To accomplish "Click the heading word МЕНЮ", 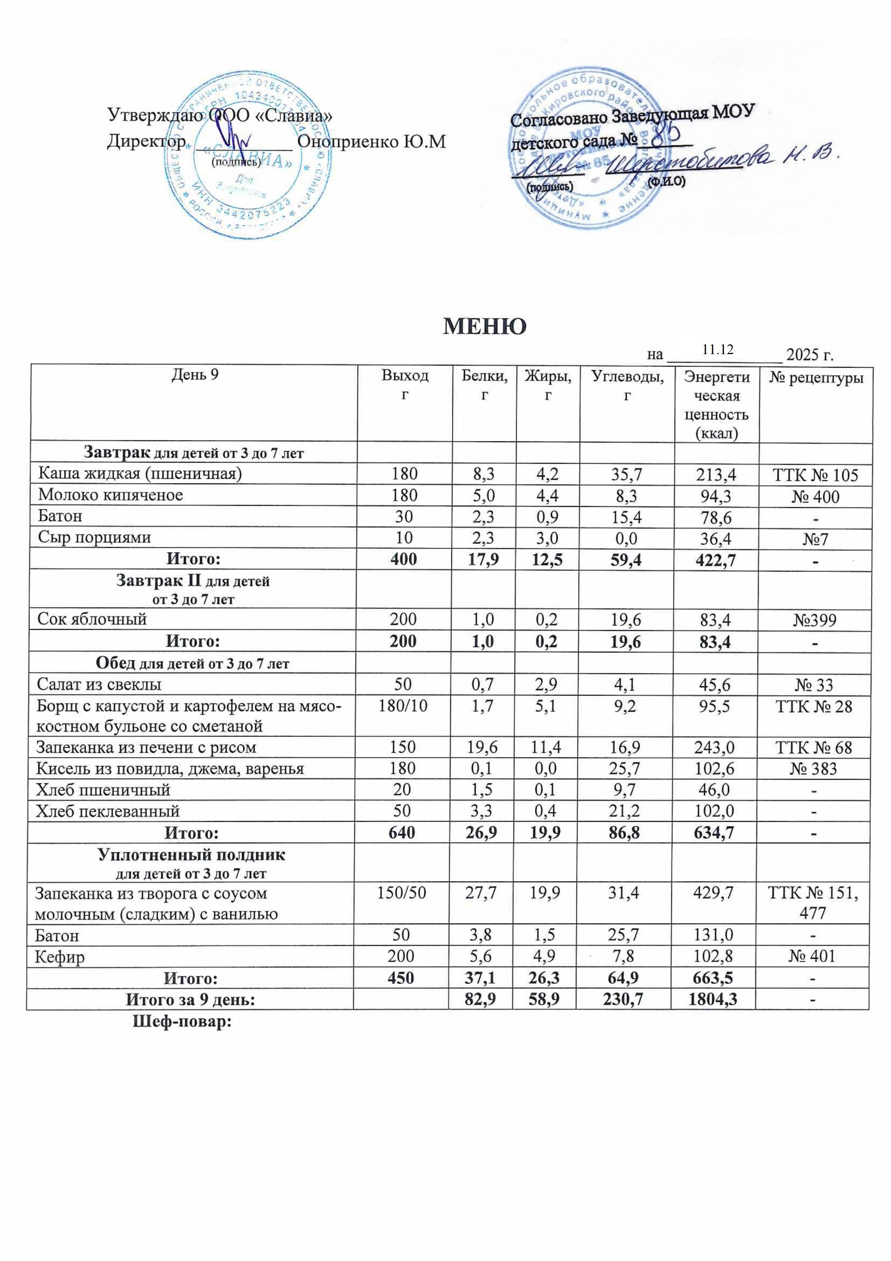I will coord(484,327).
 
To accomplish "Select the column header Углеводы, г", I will coord(626,385).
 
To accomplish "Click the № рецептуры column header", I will coord(816,377).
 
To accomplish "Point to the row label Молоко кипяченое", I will coord(110,495).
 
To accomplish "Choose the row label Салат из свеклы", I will coord(99,684).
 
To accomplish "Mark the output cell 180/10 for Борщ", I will coord(403,706).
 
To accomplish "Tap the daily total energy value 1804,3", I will coord(712,1000).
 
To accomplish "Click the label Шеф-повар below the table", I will coord(181,1022).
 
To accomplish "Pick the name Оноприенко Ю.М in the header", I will coord(371,142).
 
